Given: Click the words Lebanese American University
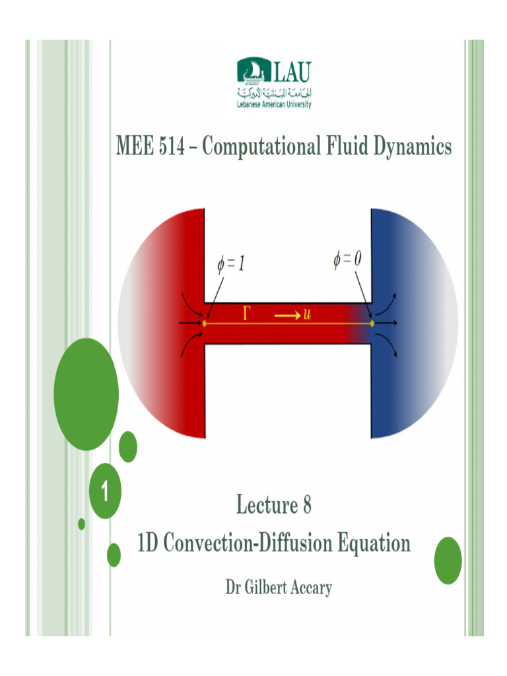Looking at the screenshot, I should (x=274, y=104).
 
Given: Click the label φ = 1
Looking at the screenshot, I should (x=232, y=265).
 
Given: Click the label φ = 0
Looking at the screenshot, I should (x=347, y=260).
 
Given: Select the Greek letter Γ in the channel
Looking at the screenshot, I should (x=248, y=314).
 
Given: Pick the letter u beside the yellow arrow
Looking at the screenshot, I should (x=307, y=314).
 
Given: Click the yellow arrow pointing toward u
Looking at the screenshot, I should (x=287, y=316).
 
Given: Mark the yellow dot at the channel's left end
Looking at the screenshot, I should (x=205, y=323).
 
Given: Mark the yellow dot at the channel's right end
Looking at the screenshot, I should (x=372, y=323).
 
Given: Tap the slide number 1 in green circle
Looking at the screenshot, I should (x=104, y=492).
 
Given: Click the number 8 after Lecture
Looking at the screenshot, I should (x=306, y=506).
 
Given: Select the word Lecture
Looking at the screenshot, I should (x=267, y=506).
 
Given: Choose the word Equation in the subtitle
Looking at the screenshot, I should (x=374, y=544).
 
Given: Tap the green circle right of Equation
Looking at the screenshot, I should (x=448, y=560).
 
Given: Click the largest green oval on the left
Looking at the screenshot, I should (x=85, y=394).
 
